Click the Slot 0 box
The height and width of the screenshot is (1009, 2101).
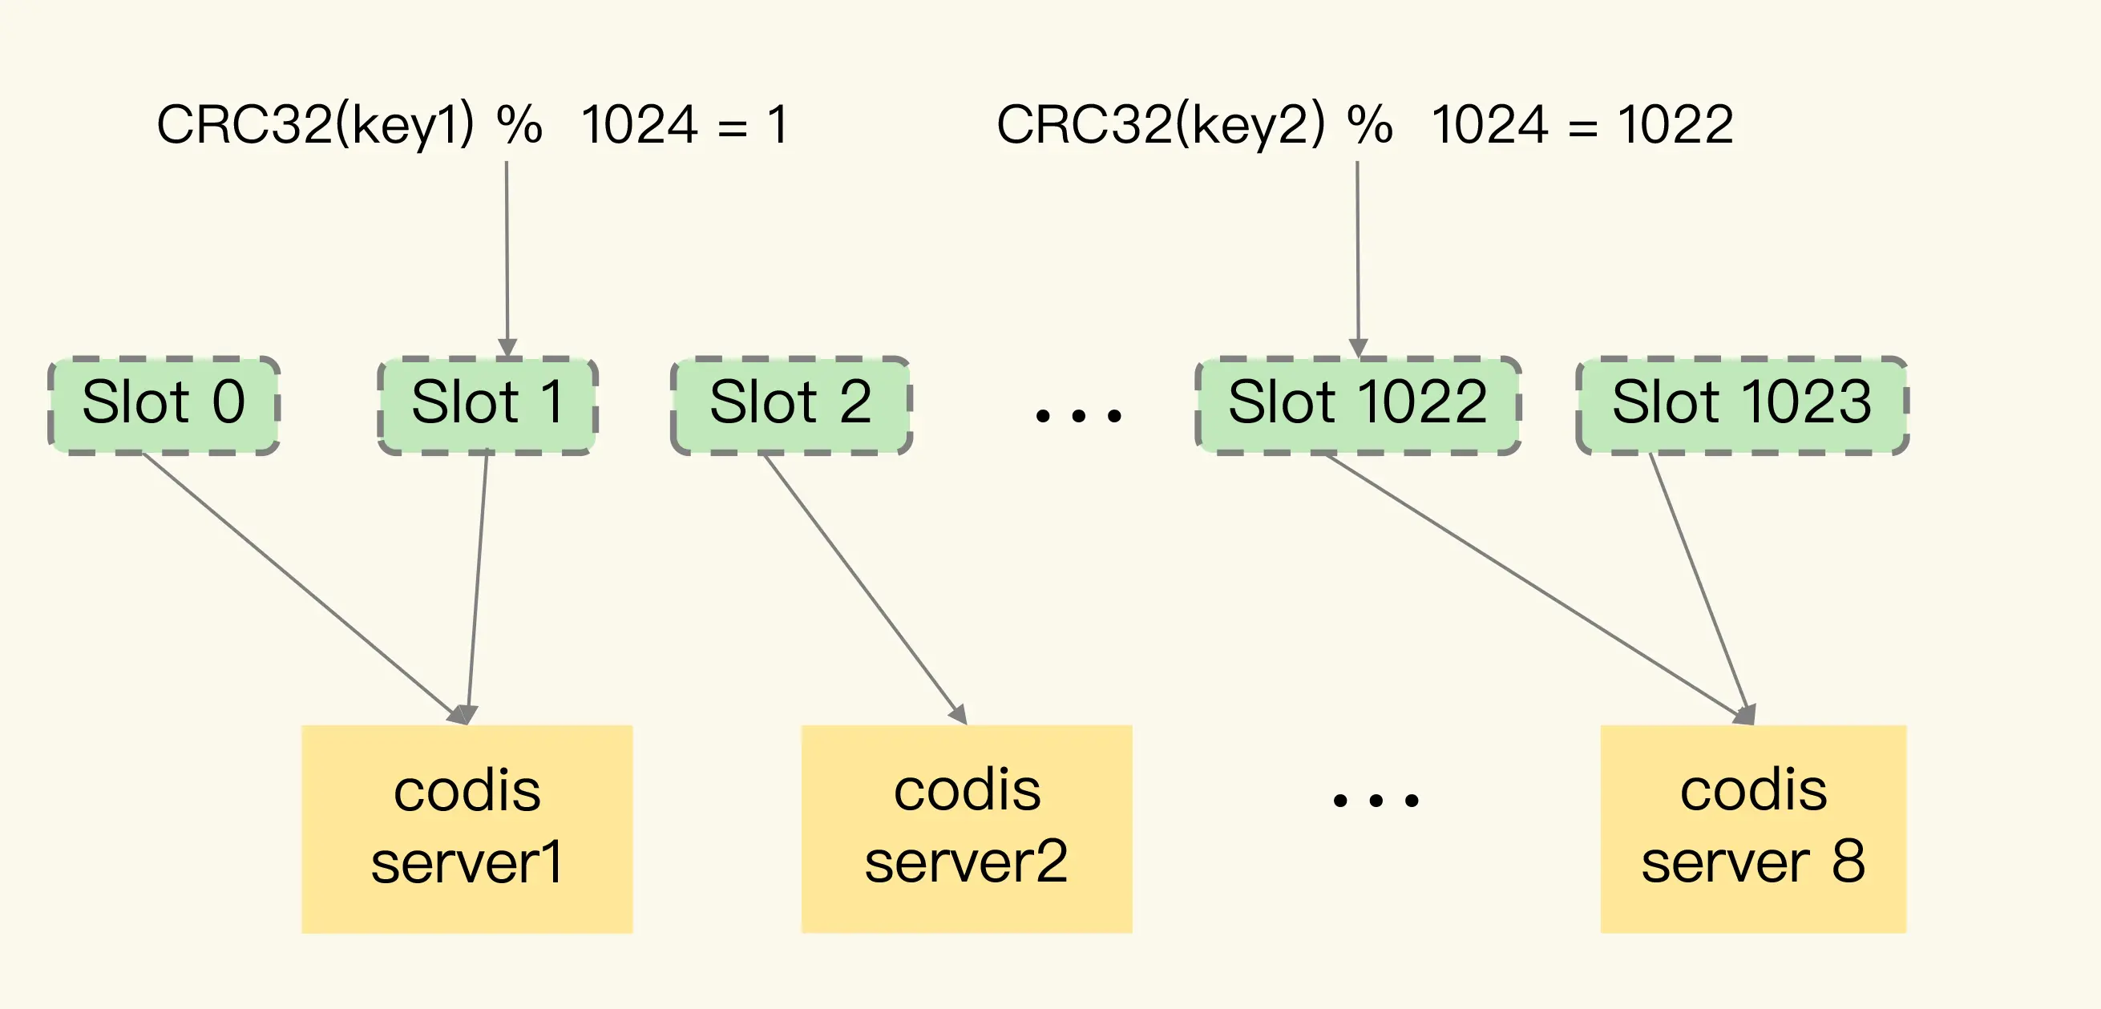(164, 406)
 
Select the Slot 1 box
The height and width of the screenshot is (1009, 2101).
(487, 406)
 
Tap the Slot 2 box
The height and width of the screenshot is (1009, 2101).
(791, 406)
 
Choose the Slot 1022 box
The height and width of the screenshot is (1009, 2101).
(1358, 406)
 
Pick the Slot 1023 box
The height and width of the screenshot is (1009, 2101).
(1742, 406)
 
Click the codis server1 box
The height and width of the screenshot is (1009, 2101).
(467, 829)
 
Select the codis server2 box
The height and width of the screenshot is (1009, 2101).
(967, 829)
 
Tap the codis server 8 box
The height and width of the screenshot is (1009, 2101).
(1754, 829)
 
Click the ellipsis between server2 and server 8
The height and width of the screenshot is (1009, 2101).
(1376, 800)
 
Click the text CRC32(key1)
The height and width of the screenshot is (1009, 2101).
(316, 126)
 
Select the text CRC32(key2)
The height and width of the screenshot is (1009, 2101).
(1161, 126)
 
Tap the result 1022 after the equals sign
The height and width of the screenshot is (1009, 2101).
(1676, 125)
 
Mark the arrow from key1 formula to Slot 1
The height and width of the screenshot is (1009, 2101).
(507, 260)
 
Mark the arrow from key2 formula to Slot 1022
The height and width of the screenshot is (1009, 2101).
(1358, 260)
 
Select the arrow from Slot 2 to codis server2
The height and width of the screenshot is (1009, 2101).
(866, 589)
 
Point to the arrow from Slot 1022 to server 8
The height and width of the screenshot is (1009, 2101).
(1540, 589)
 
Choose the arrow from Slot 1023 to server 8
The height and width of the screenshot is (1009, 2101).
(1701, 589)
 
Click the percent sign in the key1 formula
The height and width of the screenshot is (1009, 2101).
(519, 125)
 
